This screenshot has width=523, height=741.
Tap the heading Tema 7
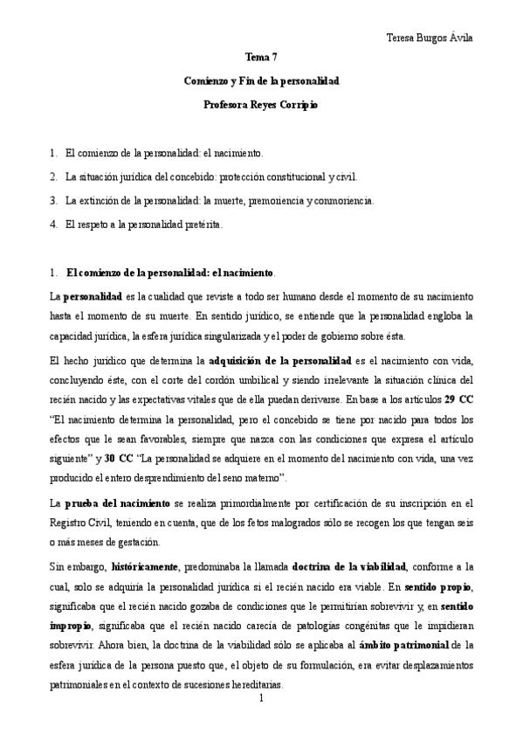(x=261, y=57)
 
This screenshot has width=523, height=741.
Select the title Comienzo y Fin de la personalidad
(x=261, y=80)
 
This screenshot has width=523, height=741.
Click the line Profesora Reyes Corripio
(x=261, y=105)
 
